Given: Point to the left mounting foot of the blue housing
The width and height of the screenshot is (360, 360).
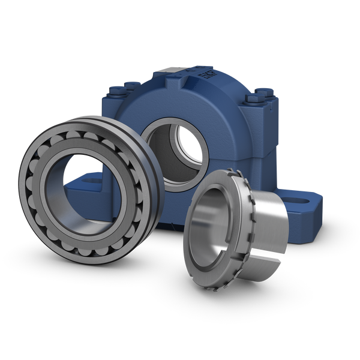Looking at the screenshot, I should tap(78, 186).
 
